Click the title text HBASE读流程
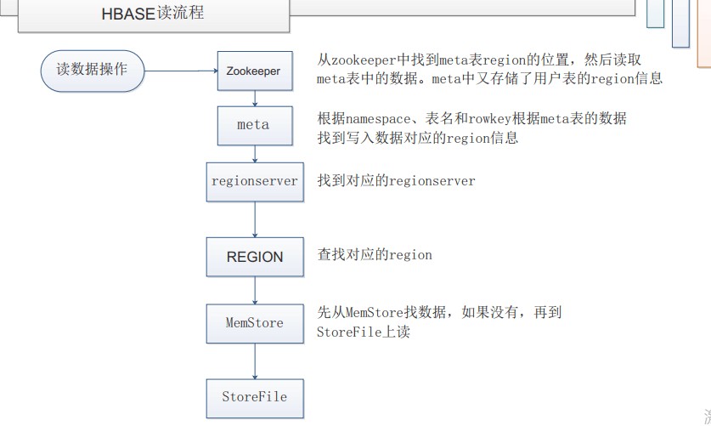(x=153, y=14)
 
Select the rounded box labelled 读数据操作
(x=92, y=70)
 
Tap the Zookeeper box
(x=254, y=71)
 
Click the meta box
(x=254, y=125)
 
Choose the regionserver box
(x=254, y=181)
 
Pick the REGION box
(x=254, y=257)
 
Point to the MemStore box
(x=254, y=323)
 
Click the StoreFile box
(x=254, y=397)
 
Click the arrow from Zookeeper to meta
(x=255, y=98)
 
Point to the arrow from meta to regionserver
(x=255, y=153)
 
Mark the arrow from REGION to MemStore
(x=255, y=290)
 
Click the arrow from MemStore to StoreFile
(x=255, y=361)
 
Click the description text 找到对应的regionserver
(x=396, y=181)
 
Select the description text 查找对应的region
(x=375, y=255)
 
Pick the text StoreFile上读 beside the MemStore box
(x=364, y=332)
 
